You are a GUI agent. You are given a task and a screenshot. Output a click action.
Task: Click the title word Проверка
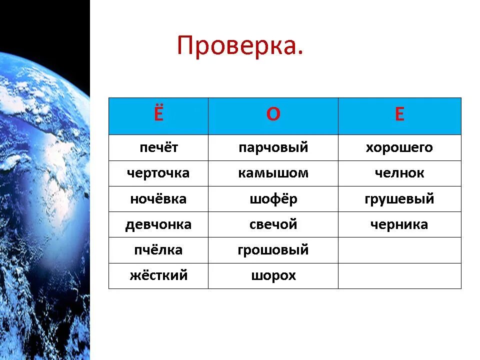click(x=240, y=46)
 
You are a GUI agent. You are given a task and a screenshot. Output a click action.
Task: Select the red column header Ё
click(x=158, y=115)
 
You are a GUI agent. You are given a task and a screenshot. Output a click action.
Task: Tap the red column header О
click(x=273, y=115)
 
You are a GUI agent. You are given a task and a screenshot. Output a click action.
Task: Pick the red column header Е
click(x=399, y=115)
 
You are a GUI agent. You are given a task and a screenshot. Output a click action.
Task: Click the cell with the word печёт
click(x=158, y=148)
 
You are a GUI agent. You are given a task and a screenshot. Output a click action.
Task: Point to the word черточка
click(x=158, y=173)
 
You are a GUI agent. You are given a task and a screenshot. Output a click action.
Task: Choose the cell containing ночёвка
click(x=158, y=199)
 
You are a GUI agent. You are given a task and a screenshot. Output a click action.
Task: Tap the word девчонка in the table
click(x=158, y=224)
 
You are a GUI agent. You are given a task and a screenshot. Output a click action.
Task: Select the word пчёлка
click(x=158, y=250)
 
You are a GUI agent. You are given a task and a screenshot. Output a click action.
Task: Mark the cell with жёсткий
click(x=158, y=275)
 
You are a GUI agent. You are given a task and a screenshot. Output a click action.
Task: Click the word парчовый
click(x=273, y=148)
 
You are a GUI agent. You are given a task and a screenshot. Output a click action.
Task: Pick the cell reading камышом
click(x=273, y=173)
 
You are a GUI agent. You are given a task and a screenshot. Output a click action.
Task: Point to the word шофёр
click(x=273, y=199)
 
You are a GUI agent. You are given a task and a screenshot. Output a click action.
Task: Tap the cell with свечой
click(x=273, y=224)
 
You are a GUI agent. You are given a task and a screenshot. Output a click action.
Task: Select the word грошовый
click(x=273, y=250)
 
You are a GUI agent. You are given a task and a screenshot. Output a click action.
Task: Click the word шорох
click(x=273, y=275)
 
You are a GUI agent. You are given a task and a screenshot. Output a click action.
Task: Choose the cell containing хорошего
click(x=399, y=148)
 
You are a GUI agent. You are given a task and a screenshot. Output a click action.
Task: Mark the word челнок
click(x=399, y=173)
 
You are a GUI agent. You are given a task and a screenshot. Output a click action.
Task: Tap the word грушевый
click(x=399, y=199)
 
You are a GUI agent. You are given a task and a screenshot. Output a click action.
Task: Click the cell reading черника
click(x=399, y=224)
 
